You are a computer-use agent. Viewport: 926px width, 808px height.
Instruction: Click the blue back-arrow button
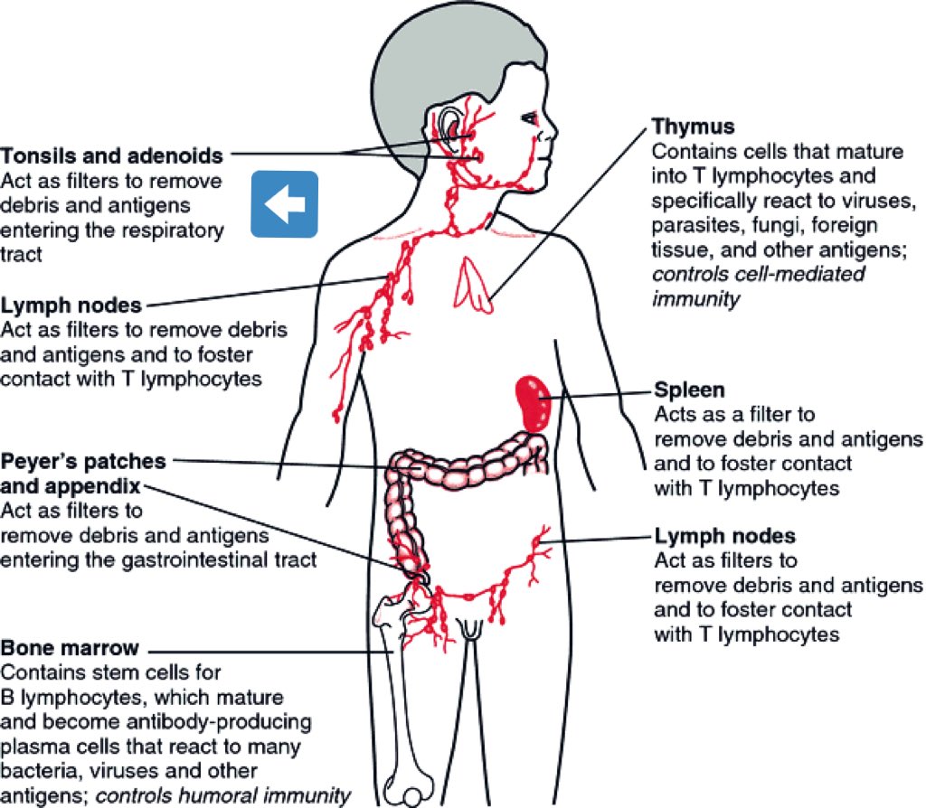point(284,204)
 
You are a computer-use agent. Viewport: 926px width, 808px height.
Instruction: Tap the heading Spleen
point(688,390)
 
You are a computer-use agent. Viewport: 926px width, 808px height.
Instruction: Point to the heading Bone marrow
point(71,648)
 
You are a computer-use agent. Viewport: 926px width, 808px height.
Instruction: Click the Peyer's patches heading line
point(83,461)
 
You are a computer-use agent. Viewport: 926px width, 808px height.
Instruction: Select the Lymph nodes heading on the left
point(71,305)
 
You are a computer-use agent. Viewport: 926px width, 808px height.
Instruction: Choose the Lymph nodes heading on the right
point(724,536)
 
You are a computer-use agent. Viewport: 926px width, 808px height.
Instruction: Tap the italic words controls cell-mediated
point(759,273)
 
